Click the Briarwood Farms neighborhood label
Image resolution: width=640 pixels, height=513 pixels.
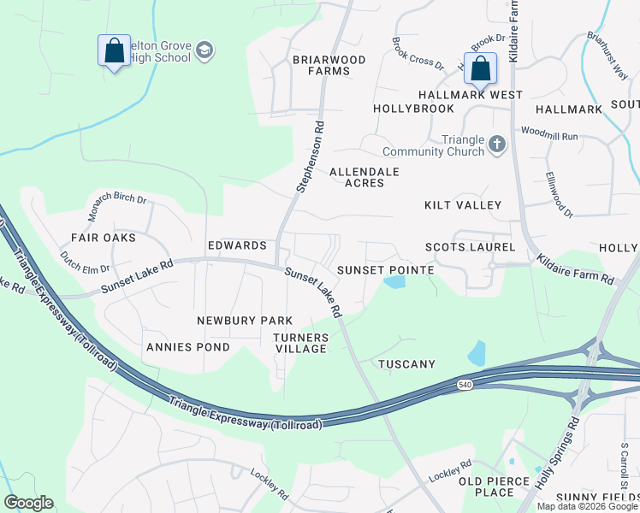[x=329, y=65]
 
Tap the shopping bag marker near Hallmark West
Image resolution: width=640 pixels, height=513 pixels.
[x=481, y=68]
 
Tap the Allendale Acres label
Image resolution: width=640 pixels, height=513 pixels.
[x=364, y=177]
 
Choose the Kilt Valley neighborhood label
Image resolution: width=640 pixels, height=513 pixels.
[x=463, y=205]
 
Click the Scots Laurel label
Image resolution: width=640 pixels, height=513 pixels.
[x=471, y=247]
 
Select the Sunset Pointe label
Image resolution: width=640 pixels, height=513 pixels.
[x=385, y=270]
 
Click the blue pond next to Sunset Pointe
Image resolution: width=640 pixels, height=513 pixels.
[x=394, y=281]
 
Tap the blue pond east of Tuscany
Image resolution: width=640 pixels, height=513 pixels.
[x=477, y=352]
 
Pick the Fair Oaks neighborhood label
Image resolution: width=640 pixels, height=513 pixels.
[x=104, y=237]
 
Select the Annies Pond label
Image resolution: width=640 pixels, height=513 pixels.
[x=188, y=347]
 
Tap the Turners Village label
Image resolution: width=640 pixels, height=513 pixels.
[x=300, y=343]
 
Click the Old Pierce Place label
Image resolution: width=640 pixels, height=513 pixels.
[x=495, y=486]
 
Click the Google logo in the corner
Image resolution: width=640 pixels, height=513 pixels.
[x=29, y=503]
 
